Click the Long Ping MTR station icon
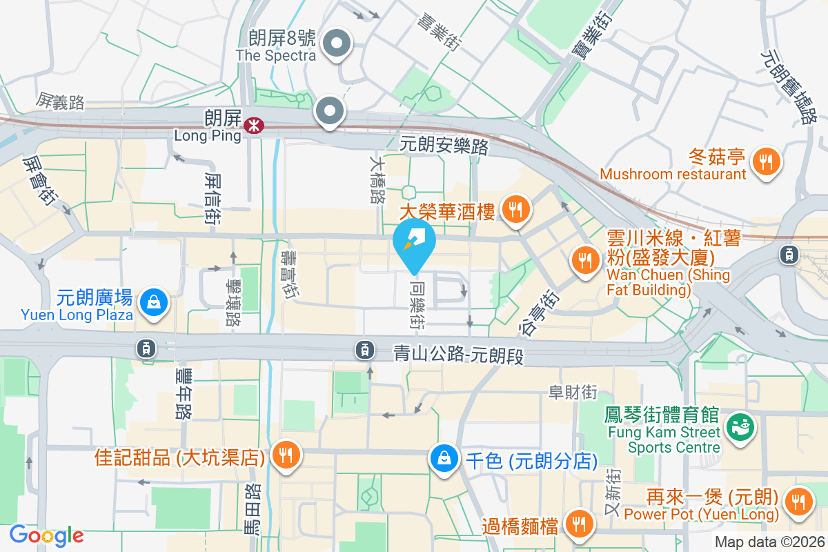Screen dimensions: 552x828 (254, 124)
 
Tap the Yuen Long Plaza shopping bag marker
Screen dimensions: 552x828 (150, 302)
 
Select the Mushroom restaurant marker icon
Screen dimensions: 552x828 (766, 162)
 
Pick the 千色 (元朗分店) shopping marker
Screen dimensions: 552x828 (444, 457)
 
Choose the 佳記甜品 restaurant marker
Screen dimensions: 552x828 (284, 455)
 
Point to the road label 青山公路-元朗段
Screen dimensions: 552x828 (459, 355)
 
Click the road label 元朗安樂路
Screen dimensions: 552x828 (444, 146)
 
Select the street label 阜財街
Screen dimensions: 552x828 (572, 392)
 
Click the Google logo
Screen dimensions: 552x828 (46, 535)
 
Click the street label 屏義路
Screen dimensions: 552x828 (61, 102)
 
